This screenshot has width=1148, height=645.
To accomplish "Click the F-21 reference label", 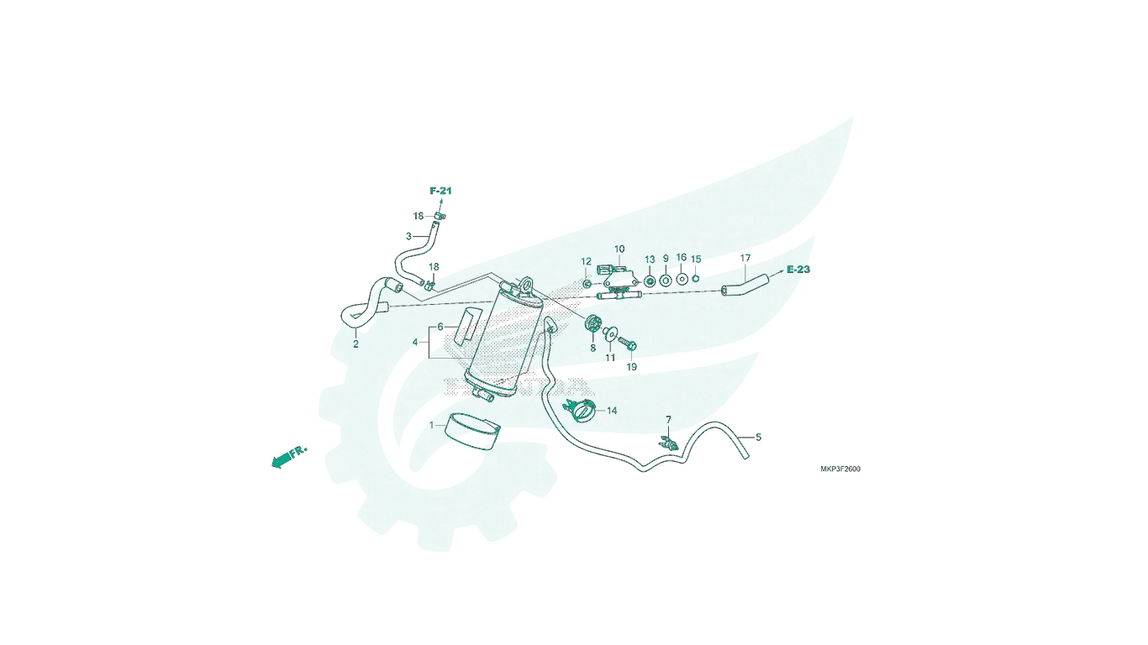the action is (440, 191).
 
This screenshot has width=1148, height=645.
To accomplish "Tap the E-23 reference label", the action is (798, 270).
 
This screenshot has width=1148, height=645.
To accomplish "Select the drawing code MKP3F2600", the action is (840, 469).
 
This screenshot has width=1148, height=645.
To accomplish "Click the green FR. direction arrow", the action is (288, 457).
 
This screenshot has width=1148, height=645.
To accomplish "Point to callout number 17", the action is (745, 258).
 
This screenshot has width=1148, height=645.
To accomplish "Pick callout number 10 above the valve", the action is (619, 249).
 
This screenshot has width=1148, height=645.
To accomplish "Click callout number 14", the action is (612, 411).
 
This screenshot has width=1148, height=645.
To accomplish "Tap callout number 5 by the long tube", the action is (759, 438).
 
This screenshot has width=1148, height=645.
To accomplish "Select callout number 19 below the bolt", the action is (631, 367).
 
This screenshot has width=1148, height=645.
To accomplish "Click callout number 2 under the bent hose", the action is (355, 344).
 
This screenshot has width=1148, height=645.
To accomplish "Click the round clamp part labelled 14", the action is (582, 411).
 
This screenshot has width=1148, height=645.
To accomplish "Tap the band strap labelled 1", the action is (471, 432).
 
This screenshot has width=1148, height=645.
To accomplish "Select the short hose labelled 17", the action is (745, 286).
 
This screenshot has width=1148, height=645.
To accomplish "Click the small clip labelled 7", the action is (668, 443).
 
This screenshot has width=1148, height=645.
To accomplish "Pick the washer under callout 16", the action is (682, 279).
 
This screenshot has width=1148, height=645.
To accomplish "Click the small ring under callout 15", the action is (696, 278).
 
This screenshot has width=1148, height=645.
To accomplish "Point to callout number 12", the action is (587, 262).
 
